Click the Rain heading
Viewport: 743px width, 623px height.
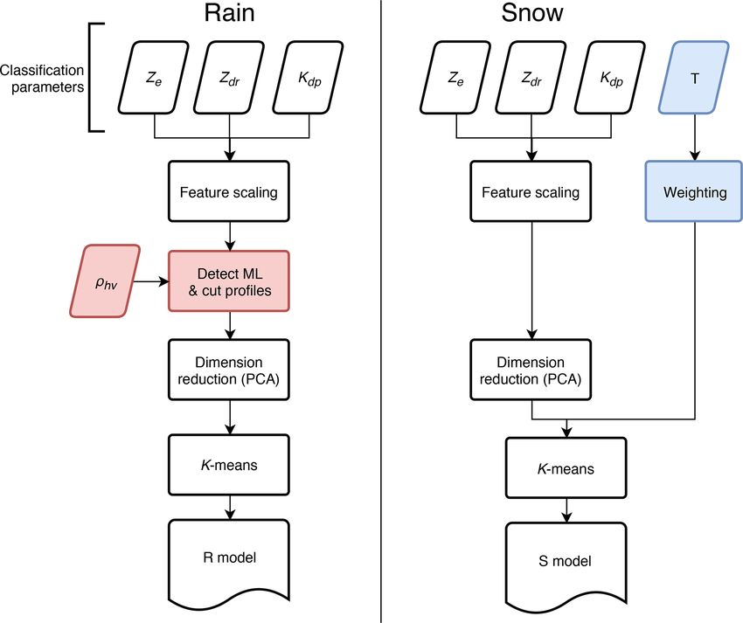(229, 13)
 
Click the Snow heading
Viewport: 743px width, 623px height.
(532, 13)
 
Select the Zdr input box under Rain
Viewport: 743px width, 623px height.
(229, 78)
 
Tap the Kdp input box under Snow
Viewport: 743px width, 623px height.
(610, 78)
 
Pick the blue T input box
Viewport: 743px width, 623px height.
(694, 78)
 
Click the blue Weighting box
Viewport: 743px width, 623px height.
(694, 191)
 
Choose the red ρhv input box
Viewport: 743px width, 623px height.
(105, 281)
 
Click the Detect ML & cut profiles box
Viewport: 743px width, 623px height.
(229, 281)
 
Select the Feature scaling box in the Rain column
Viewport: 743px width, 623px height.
(229, 191)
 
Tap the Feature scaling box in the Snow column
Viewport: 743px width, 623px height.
(531, 191)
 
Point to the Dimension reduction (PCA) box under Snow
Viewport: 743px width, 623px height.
(531, 370)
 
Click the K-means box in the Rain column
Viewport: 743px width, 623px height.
(229, 465)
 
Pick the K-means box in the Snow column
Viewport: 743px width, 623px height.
(566, 468)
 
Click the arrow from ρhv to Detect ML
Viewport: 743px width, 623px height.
(150, 282)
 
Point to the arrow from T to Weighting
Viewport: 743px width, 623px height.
(695, 137)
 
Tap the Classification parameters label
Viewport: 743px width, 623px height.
(43, 79)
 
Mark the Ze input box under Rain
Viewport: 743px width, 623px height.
(154, 78)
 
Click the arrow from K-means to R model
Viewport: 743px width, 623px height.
(230, 508)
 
